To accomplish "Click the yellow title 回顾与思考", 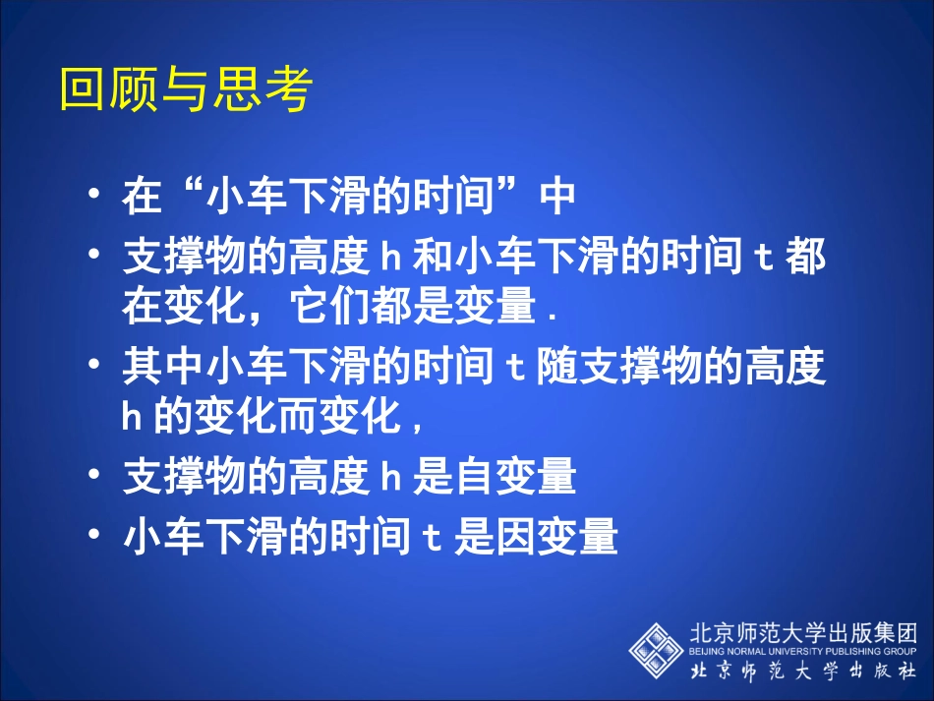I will point(185,89).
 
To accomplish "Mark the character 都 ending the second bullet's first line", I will point(805,258).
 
